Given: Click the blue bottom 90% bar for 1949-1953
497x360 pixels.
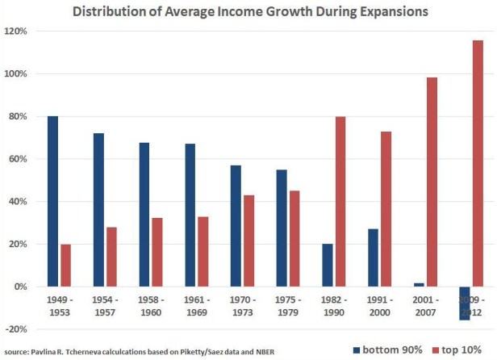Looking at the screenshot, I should click(52, 201).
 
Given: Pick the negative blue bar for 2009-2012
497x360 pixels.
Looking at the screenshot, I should click(464, 303).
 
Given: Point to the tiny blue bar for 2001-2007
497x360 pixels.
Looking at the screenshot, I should click(418, 284).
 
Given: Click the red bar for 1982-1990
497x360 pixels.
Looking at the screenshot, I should click(341, 201).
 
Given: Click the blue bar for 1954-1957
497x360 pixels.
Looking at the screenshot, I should click(98, 210).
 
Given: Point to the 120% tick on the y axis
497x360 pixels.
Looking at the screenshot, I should click(16, 31).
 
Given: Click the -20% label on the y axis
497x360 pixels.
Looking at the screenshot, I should click(16, 329).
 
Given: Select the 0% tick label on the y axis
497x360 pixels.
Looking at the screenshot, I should click(20, 287).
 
